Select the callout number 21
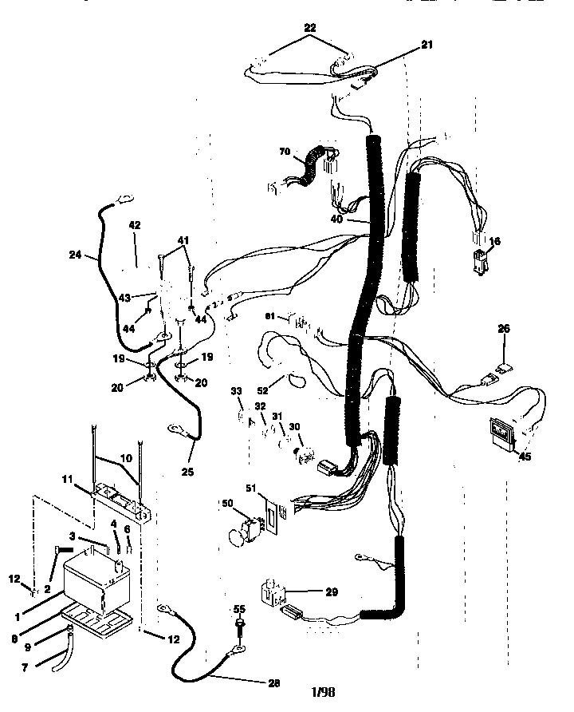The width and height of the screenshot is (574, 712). [x=427, y=45]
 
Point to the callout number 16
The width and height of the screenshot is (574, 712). [x=495, y=241]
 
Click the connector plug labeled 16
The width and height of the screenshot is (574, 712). [x=480, y=263]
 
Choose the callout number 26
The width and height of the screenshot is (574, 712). [x=504, y=327]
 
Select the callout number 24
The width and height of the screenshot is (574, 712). [x=77, y=257]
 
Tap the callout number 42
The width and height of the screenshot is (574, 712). [x=134, y=226]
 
